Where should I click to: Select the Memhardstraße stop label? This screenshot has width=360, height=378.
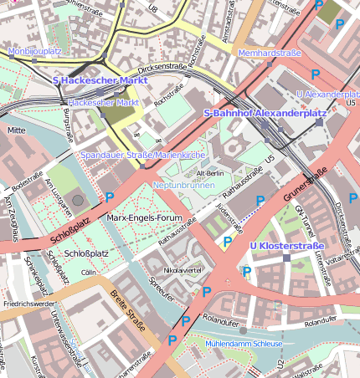tap(269, 53)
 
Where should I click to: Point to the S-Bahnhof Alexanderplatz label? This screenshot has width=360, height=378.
tap(254, 112)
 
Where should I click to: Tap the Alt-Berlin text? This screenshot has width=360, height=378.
tap(209, 172)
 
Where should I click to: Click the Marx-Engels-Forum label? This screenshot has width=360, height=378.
tap(145, 217)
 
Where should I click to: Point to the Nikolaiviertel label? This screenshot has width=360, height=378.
tap(182, 271)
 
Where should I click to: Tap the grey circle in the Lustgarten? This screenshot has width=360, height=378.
tap(78, 200)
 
